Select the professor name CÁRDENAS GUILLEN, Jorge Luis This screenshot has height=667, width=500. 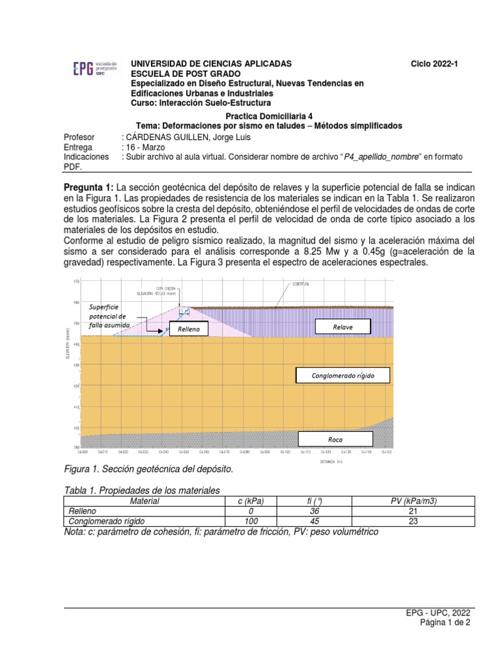[186, 137]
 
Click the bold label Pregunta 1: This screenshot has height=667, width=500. [89, 188]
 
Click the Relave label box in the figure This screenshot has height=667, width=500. [342, 326]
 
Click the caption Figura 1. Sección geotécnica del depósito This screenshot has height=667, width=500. [147, 469]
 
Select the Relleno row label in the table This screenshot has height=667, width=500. [82, 511]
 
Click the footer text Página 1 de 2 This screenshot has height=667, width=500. [445, 623]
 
